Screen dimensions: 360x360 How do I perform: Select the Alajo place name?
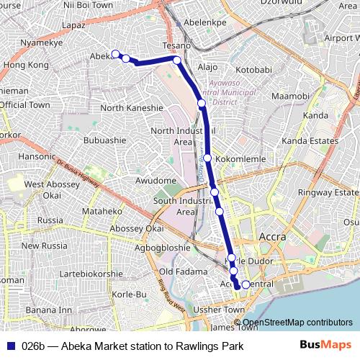[207, 67]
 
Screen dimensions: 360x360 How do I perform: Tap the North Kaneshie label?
[133, 108]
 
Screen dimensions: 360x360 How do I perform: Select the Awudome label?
[156, 180]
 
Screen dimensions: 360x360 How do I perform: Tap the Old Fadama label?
[178, 271]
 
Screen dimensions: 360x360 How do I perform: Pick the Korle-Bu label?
[130, 294]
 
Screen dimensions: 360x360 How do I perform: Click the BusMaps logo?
[331, 346]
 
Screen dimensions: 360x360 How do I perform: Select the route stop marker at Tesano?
[176, 60]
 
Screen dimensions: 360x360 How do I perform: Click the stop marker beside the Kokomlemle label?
[207, 158]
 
